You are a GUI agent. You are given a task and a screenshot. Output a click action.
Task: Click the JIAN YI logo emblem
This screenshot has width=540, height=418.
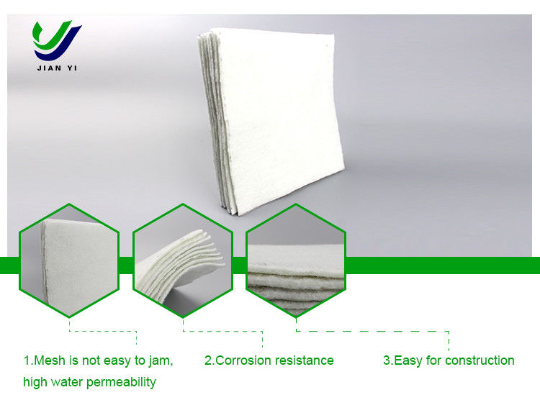click(x=57, y=40)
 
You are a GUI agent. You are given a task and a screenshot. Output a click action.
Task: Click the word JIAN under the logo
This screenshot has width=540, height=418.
click(x=49, y=68)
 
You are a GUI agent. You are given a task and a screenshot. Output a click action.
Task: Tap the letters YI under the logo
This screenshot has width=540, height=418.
click(x=72, y=68)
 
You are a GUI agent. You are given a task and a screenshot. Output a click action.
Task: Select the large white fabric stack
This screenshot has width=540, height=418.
click(x=271, y=121)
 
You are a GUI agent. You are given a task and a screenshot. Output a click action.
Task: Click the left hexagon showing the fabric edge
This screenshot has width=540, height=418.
click(x=69, y=260)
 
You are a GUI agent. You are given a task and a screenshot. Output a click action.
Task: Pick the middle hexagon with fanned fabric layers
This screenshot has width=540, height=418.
click(x=183, y=260)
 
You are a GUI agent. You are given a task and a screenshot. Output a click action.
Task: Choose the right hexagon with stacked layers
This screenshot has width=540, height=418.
click(x=296, y=260)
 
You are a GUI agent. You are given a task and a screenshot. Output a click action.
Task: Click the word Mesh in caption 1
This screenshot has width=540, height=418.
click(x=50, y=360)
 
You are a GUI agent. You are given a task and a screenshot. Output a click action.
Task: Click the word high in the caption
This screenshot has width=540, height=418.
click(x=35, y=383)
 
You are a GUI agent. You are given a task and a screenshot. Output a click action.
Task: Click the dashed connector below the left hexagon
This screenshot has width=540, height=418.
click(x=103, y=331)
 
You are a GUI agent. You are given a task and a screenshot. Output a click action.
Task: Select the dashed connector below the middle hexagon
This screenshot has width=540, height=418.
click(x=222, y=331)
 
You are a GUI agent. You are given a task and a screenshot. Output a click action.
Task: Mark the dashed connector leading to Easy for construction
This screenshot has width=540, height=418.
click(x=372, y=331)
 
